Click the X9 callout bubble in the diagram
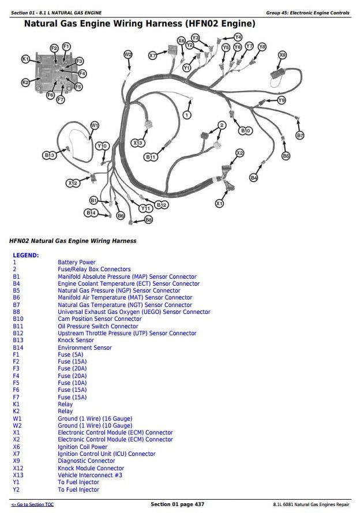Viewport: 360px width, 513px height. [x=282, y=55]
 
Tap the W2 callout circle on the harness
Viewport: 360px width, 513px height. [x=128, y=54]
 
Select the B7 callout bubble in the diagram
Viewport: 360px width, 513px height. [x=299, y=135]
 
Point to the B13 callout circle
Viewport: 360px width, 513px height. [x=49, y=155]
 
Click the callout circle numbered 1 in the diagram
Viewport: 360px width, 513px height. [x=186, y=115]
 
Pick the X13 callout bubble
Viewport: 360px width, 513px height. [x=138, y=143]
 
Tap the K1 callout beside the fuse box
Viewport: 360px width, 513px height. [x=25, y=59]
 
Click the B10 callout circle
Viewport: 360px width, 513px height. [x=245, y=130]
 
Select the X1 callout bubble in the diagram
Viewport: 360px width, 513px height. [x=219, y=203]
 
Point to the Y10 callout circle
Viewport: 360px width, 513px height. [x=102, y=146]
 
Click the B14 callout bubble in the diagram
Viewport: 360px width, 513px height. [x=91, y=213]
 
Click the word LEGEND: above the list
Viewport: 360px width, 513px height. [x=26, y=254]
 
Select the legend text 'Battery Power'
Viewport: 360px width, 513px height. [x=76, y=262]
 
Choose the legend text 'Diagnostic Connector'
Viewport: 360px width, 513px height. [x=86, y=461]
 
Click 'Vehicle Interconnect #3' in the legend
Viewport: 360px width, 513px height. [x=89, y=475]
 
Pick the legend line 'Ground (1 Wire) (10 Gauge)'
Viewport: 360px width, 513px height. [x=95, y=425]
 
